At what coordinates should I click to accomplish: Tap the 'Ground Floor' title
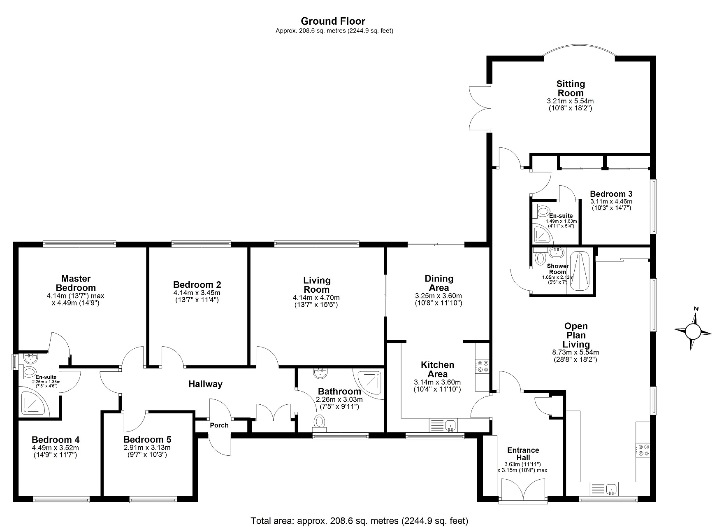tap(333, 21)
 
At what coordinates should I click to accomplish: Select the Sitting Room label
tap(571, 88)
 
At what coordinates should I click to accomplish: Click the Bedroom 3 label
tap(611, 194)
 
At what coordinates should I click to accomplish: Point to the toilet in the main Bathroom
tap(319, 422)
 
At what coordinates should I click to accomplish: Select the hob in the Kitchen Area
tap(482, 366)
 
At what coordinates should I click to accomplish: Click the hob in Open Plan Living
tap(643, 450)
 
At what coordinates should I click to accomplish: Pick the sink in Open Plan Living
tap(605, 489)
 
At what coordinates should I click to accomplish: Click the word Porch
tap(219, 425)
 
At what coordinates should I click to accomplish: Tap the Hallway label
tap(205, 384)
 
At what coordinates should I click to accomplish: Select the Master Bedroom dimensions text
tap(76, 299)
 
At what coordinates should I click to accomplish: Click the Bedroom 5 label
tap(147, 440)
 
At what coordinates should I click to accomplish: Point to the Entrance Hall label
tap(523, 454)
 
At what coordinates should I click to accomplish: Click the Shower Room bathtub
tap(580, 270)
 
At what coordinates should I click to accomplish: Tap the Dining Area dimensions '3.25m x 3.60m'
tap(439, 296)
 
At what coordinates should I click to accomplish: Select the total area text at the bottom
tap(360, 521)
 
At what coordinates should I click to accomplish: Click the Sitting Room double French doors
tap(479, 109)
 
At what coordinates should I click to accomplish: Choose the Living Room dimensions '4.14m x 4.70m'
tap(316, 298)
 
